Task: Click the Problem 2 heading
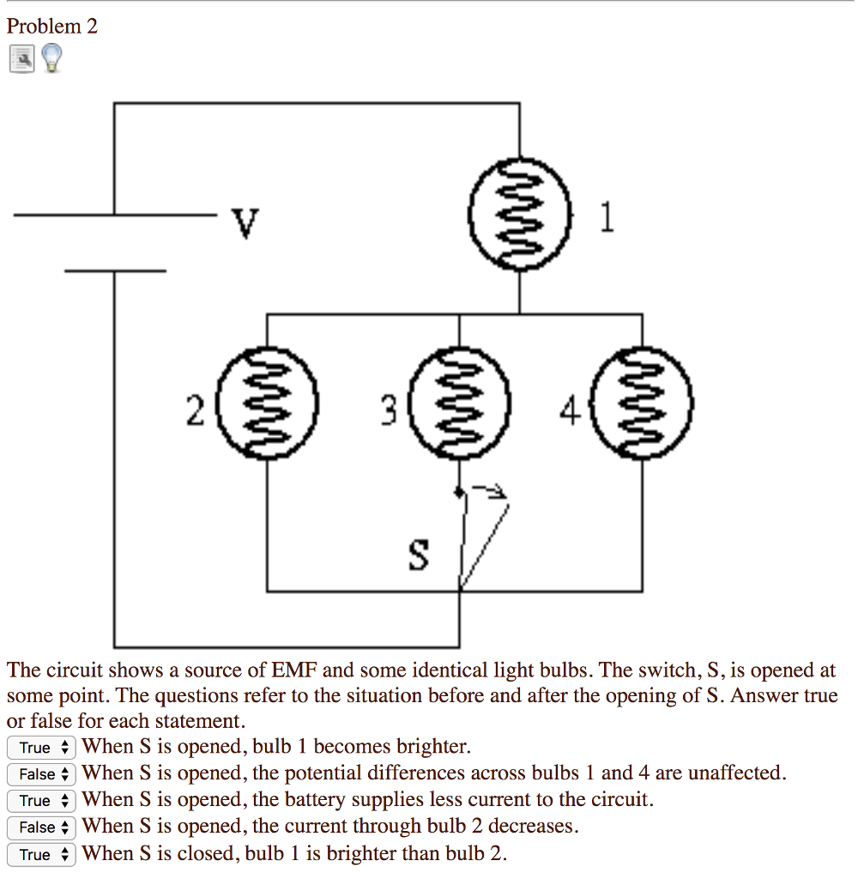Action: tap(52, 27)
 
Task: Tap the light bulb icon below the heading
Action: tap(51, 58)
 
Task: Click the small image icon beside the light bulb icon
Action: tap(21, 58)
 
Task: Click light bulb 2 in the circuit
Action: tap(267, 400)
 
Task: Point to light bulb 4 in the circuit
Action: tap(643, 400)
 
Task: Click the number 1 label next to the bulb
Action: tap(607, 220)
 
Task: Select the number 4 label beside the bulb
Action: tap(570, 413)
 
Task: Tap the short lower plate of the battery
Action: tap(115, 270)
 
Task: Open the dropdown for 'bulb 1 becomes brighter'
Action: tap(41, 748)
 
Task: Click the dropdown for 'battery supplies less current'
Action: tap(41, 801)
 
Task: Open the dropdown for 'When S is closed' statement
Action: tap(41, 854)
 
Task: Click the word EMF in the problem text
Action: tap(294, 670)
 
